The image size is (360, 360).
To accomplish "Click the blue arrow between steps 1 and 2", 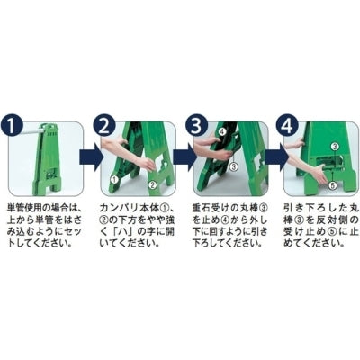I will click(88, 158).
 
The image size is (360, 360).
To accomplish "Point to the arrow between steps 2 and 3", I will click(179, 158).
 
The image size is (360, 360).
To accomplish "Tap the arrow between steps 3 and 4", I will click(272, 158).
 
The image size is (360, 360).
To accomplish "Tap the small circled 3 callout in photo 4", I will click(334, 145).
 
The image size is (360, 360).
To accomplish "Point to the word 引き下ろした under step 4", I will click(310, 209).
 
